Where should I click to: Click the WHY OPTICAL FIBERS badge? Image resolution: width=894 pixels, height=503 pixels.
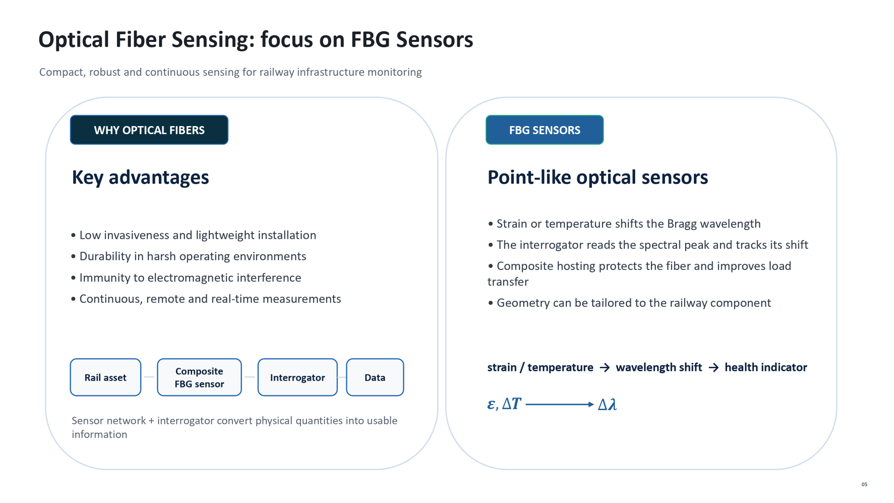tap(149, 130)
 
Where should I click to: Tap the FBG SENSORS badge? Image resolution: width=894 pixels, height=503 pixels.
tap(544, 130)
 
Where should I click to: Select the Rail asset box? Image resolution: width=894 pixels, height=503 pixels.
tap(105, 377)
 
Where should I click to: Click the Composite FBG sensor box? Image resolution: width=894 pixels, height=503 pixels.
tap(199, 377)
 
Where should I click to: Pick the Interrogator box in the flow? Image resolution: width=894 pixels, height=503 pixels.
tap(298, 377)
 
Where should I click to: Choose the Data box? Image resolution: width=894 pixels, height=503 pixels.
tap(375, 377)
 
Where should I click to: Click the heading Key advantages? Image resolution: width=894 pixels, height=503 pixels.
tap(140, 177)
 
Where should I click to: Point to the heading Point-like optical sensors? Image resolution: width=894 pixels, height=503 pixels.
tap(598, 177)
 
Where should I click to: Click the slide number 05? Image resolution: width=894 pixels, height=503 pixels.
tap(864, 484)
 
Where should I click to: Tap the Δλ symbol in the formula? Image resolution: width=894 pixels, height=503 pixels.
tap(607, 404)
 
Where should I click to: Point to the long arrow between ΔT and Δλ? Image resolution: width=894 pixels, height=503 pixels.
tap(559, 404)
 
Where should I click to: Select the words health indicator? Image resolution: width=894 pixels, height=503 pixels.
tap(766, 367)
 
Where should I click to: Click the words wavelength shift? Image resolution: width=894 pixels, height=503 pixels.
tap(659, 367)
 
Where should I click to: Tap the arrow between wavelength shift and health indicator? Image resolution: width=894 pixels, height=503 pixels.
tap(713, 367)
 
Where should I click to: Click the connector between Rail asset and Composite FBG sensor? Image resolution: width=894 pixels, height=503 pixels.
tap(149, 377)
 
